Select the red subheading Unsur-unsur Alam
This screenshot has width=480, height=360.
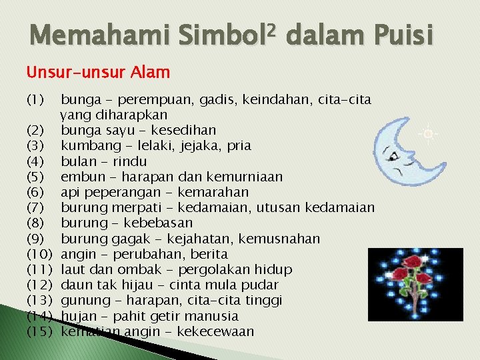click(98, 71)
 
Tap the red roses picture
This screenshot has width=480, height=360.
click(416, 280)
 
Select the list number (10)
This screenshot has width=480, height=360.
click(39, 254)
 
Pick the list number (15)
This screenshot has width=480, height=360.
click(39, 331)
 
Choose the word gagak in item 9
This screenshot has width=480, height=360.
click(122, 239)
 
